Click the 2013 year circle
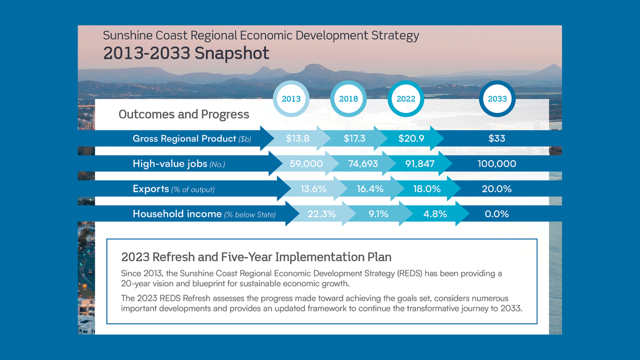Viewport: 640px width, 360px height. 291,99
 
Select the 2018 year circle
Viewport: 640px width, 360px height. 348,99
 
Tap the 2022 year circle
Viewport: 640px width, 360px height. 406,99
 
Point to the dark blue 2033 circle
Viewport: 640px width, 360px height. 497,99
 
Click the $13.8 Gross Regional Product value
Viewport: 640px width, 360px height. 297,138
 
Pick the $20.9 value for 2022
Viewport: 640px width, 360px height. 411,138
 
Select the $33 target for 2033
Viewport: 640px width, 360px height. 497,138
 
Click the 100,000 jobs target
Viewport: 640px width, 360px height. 497,163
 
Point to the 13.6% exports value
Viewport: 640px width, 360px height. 313,189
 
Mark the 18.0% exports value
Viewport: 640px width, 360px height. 426,189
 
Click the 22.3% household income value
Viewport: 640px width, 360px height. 321,214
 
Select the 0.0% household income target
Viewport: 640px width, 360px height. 497,214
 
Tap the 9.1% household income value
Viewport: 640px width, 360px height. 378,214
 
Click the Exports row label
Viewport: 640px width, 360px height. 151,189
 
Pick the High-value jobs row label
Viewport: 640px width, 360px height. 170,163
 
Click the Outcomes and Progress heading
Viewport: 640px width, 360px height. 183,114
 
